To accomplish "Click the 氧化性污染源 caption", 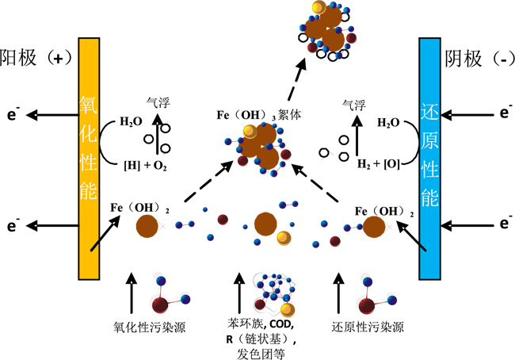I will (x=150, y=326).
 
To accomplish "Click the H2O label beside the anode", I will (x=132, y=122).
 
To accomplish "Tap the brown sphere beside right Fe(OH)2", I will (x=375, y=228).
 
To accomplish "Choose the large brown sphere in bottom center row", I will (x=265, y=224).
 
